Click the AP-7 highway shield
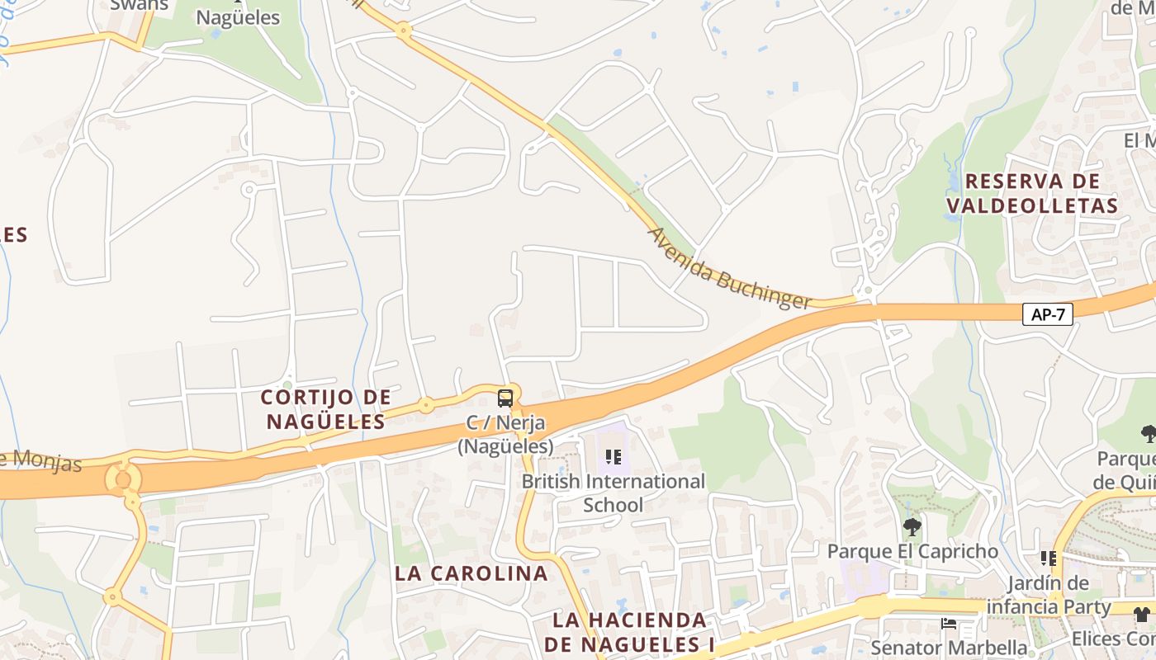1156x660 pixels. point(1047,314)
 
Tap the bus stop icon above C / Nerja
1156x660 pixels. point(505,398)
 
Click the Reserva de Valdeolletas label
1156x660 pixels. point(1032,193)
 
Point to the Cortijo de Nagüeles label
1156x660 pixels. point(325,409)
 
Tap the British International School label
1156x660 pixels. point(614,493)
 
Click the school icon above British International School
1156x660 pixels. point(613,456)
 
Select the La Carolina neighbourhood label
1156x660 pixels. point(471,573)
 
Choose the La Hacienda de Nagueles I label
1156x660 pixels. point(630,632)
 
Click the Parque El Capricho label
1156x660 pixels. point(912,551)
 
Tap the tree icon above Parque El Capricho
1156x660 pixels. point(912,526)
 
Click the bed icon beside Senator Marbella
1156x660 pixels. point(949,624)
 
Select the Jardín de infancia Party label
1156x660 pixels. point(1059,595)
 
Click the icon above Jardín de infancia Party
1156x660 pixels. point(1049,559)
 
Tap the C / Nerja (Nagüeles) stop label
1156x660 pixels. point(505,435)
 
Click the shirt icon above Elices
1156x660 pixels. point(1141,614)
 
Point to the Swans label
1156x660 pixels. point(139,5)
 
